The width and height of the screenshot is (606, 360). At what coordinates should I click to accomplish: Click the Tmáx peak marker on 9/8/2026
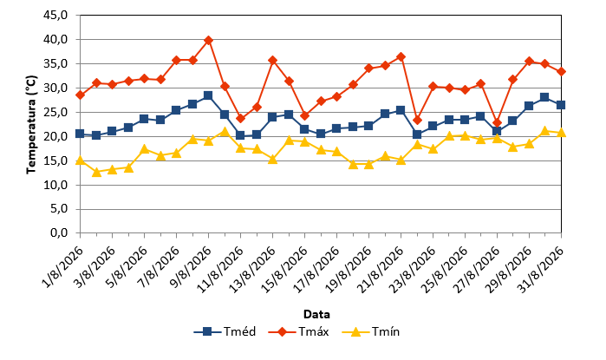pos(208,40)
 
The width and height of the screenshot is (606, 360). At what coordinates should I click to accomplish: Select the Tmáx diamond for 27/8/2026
pos(497,123)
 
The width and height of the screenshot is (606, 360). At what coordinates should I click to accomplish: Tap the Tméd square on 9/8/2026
pos(208,95)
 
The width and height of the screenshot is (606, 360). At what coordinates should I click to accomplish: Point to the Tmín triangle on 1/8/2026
pos(80,160)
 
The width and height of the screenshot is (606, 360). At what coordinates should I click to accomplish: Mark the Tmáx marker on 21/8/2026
pos(401,57)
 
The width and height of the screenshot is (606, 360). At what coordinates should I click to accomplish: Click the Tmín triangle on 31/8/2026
pos(561,133)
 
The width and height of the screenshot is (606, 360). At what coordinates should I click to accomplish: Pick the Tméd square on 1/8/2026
pos(80,134)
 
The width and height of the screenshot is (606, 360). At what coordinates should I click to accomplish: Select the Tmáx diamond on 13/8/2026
pos(272,61)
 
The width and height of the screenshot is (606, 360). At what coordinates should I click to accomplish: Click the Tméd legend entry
pos(225,331)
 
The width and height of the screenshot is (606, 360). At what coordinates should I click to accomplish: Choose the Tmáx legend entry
pos(298,331)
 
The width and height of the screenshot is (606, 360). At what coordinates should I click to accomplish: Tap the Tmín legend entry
pos(371,331)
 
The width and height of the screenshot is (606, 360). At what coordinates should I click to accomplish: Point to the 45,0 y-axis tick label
pos(56,15)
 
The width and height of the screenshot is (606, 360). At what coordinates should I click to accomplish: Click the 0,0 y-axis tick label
pos(59,232)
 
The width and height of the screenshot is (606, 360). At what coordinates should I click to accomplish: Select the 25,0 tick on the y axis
pos(56,112)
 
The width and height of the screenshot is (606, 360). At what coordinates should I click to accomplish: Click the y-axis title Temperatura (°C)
pos(31,125)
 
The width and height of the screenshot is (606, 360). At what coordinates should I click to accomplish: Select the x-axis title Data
pos(316,314)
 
